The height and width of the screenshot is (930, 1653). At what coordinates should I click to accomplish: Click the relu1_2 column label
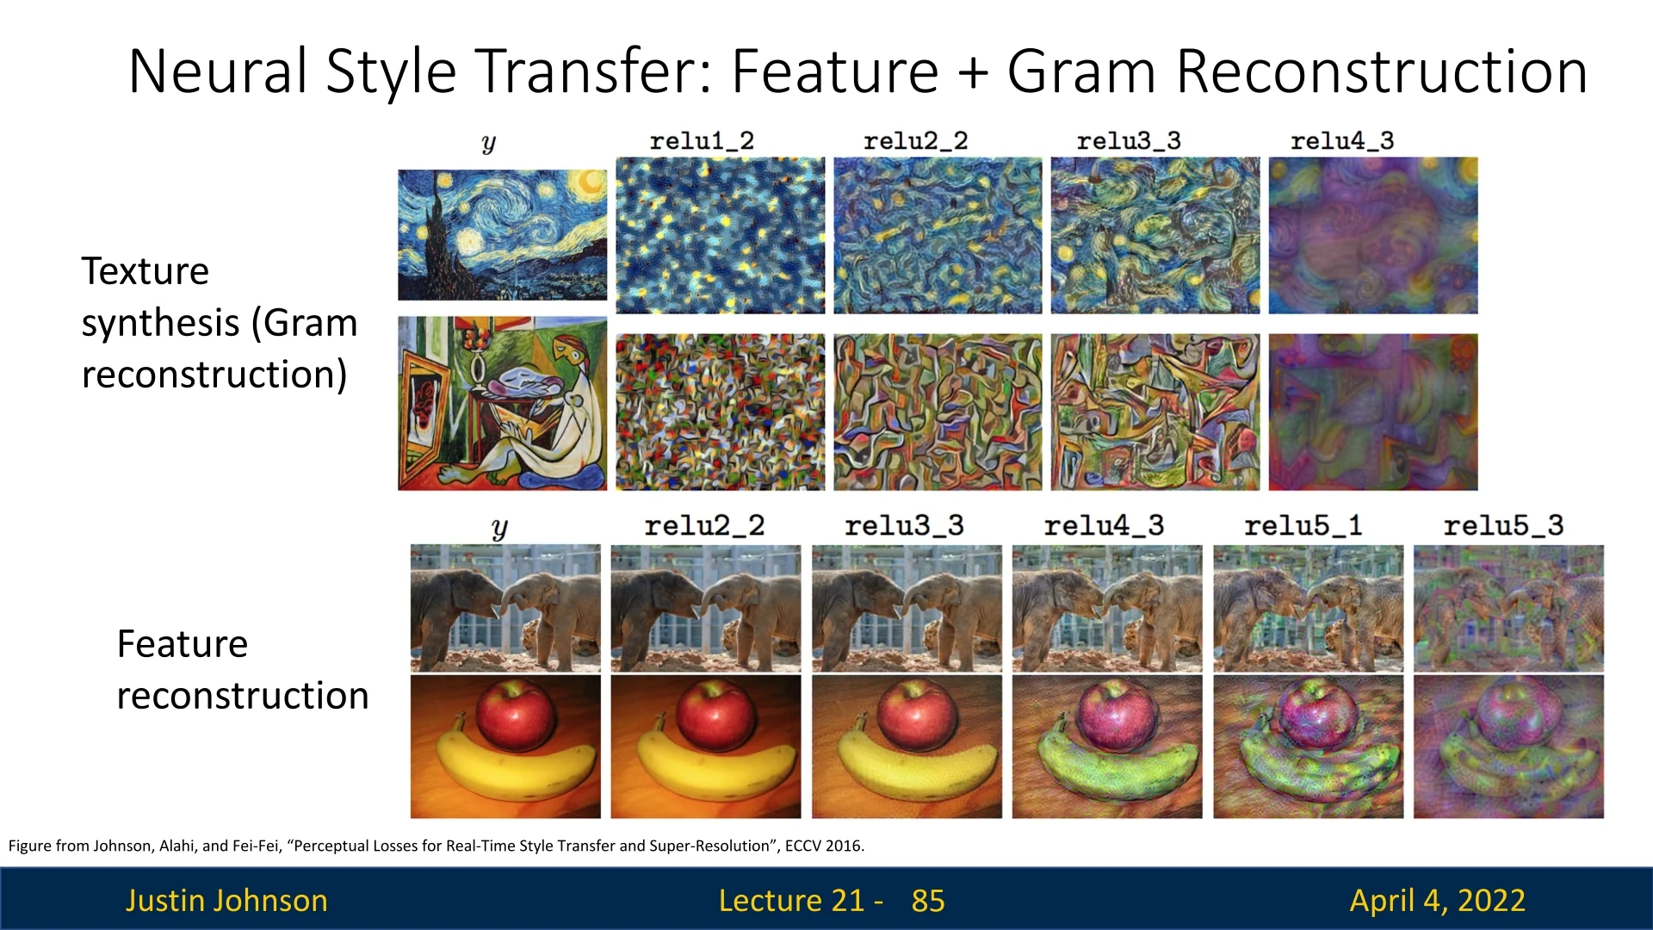coord(702,140)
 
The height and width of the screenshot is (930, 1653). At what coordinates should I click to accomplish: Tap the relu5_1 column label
coord(1303,525)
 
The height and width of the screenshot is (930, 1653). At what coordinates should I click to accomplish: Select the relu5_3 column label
coord(1503,525)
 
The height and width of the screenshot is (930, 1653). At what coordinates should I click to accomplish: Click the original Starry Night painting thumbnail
coord(502,234)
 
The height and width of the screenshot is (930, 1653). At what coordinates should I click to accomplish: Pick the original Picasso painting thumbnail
coord(502,404)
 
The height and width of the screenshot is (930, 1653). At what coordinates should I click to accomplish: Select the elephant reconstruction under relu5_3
coord(1508,608)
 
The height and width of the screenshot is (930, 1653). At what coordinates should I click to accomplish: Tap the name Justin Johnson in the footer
coord(226,900)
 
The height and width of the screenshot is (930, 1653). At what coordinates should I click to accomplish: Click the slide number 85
coord(928,901)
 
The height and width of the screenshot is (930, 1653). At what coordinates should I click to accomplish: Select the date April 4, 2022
coord(1438,901)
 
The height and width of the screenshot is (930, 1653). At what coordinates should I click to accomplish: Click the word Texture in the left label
coord(145,271)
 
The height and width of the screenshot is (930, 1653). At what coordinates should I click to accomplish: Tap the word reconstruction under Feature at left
coord(243,696)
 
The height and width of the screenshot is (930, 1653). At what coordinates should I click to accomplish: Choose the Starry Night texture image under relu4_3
coord(1373,235)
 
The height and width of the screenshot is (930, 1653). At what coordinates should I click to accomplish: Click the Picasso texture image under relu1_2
coord(720,412)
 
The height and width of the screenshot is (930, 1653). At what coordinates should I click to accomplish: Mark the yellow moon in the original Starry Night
coord(591,183)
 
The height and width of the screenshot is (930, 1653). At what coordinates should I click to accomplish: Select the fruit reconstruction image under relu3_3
coord(907,747)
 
